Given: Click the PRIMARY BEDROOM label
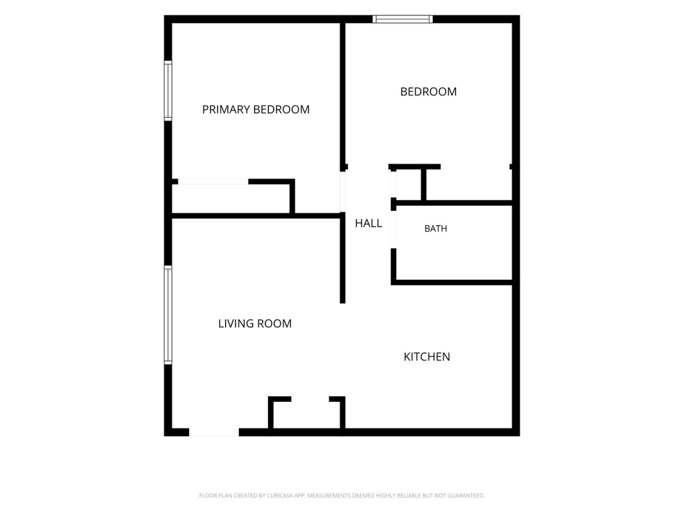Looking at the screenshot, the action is pos(255,109).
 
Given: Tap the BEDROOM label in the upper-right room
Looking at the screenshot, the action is pos(429,92).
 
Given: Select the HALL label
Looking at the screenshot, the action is pos(368,223).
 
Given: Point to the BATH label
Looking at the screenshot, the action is pos(435,229).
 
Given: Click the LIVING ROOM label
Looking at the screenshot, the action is pos(255,324).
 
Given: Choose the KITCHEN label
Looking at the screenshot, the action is pos(427,357).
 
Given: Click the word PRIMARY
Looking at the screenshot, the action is pos(226,109).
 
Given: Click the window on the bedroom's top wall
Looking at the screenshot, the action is pos(402,19).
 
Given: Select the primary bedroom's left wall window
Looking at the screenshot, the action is pos(168,91).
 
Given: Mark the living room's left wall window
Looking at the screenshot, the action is pos(168,315).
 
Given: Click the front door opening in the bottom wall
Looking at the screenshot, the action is pos(214,432).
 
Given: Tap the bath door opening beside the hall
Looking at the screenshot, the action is pos(393,230).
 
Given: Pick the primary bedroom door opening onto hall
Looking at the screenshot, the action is pos(343,192).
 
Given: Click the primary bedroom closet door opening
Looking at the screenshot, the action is pos(213,182).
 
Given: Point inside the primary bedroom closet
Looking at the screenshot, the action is pos(231,199).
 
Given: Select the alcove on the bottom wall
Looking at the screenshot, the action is pos(307,415).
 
